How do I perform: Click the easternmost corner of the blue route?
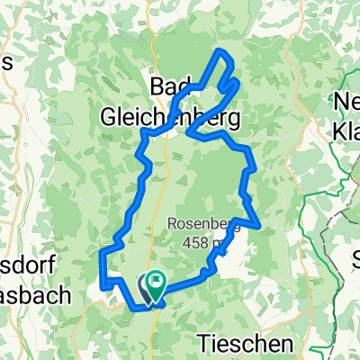(x=259, y=223)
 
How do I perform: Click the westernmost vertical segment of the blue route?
(x=102, y=268)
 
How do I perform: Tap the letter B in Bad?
(x=156, y=87)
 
